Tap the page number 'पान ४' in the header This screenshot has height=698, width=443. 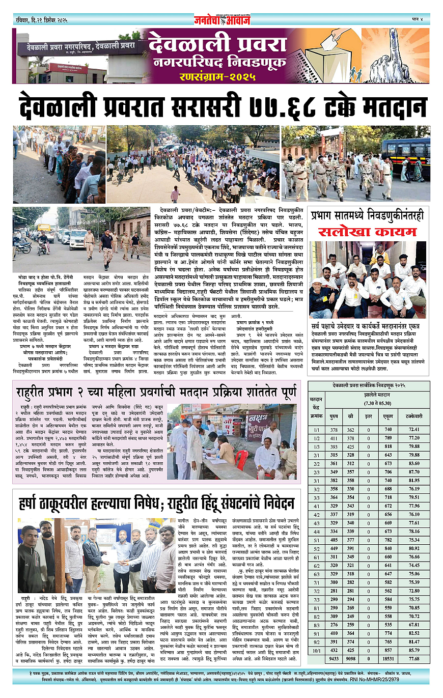point(417,19)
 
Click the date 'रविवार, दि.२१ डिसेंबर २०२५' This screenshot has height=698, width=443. point(40,19)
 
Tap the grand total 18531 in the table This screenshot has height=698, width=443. point(389,658)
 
